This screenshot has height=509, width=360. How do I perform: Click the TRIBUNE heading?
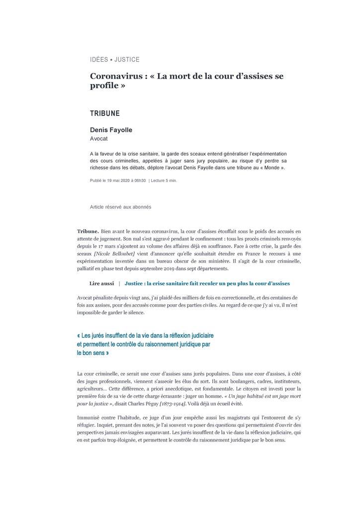104,114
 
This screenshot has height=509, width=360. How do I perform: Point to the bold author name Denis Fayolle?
111,130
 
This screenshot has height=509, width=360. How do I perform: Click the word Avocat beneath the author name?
99,139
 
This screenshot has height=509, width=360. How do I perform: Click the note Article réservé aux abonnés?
120,206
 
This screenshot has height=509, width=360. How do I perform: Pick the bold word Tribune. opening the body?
88,231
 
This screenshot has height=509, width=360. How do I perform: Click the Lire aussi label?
101,283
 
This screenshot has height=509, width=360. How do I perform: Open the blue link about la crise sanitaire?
207,283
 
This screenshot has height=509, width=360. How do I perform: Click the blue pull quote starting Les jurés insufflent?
145,344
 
